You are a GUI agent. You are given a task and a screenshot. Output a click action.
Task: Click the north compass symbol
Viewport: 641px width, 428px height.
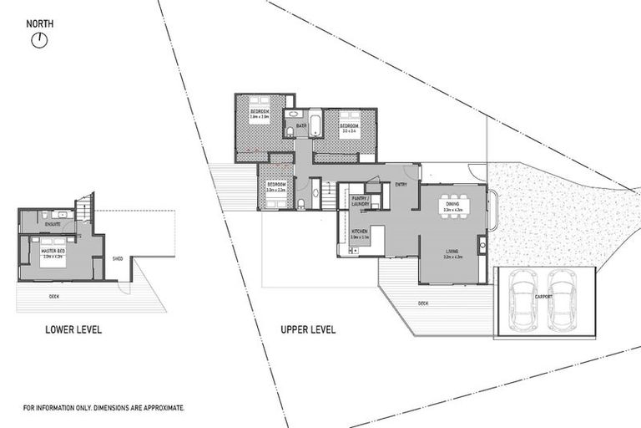(x=38, y=39)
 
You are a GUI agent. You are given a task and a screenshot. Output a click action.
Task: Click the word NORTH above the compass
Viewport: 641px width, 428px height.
(x=39, y=23)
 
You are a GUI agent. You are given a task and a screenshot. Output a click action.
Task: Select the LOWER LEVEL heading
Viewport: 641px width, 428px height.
(x=73, y=330)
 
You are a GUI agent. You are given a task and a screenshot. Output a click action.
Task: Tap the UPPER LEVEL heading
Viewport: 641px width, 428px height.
(x=308, y=330)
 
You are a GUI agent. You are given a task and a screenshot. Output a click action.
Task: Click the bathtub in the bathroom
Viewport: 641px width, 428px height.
(x=315, y=124)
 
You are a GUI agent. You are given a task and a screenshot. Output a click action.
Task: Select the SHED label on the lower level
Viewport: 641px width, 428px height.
(x=118, y=259)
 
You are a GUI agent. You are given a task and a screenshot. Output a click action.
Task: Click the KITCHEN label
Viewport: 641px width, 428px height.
(x=360, y=232)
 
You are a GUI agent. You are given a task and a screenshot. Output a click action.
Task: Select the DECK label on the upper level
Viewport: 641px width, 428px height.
(x=423, y=303)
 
